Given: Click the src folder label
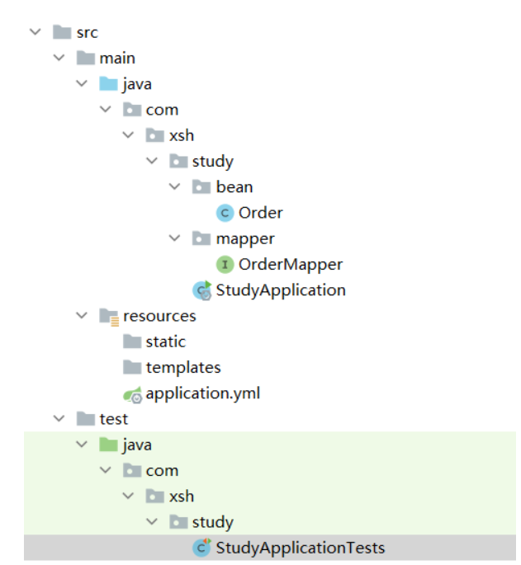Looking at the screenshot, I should (87, 33).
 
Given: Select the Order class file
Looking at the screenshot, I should (260, 213).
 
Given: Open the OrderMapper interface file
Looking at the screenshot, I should (290, 265).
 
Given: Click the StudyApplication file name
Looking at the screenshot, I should (280, 290).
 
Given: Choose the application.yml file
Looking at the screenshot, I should (202, 393).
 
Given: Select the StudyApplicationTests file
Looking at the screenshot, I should (300, 548).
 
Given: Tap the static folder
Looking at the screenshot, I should (165, 341).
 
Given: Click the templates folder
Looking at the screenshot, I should (183, 368).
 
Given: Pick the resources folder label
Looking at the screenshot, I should (159, 316).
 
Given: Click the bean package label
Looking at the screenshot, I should (234, 187).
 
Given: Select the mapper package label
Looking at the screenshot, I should (245, 239).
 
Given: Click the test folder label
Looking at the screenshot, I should (113, 419).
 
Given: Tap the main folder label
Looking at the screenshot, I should (117, 59).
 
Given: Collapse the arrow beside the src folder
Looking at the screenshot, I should (35, 33).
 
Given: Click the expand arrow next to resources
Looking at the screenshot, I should (81, 316).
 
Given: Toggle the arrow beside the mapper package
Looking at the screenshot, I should (174, 239).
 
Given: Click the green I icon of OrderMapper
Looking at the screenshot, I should (225, 265).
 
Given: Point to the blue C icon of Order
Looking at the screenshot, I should (225, 213).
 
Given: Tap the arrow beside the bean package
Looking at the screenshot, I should (174, 187).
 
